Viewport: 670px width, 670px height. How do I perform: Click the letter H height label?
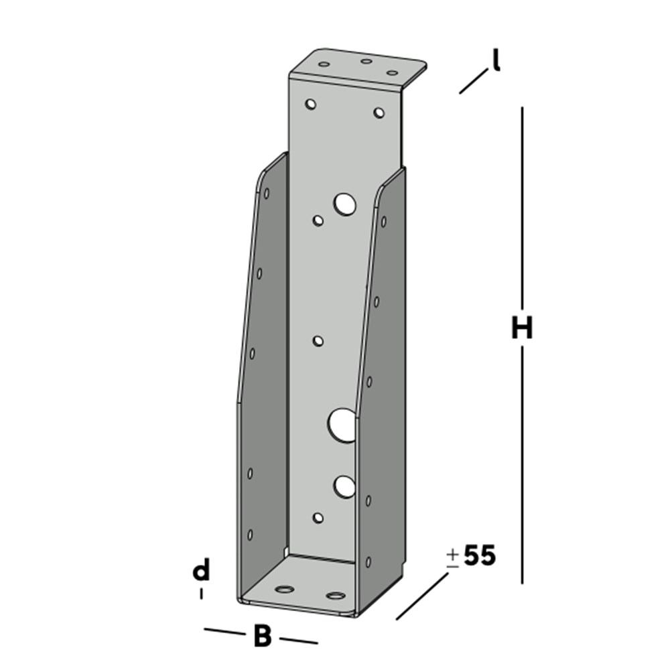(x=521, y=329)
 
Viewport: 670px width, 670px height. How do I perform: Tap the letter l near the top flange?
(x=496, y=62)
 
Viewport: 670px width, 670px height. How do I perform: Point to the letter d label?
(x=201, y=572)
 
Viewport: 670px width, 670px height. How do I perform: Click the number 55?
(x=480, y=556)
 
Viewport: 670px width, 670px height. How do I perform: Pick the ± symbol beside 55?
(x=453, y=557)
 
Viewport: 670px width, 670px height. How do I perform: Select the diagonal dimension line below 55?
(x=422, y=596)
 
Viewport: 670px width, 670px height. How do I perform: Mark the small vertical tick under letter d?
(x=201, y=594)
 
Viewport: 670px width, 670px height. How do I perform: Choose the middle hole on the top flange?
(x=366, y=62)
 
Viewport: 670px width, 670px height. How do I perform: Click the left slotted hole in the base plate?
(x=285, y=590)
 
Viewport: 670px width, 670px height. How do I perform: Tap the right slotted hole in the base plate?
(x=334, y=595)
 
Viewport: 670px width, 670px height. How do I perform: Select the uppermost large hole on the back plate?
(x=346, y=204)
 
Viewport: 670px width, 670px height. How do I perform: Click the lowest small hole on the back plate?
(x=318, y=517)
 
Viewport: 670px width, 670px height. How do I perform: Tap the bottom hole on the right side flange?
(x=368, y=561)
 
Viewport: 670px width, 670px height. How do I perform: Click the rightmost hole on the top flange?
(x=393, y=72)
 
